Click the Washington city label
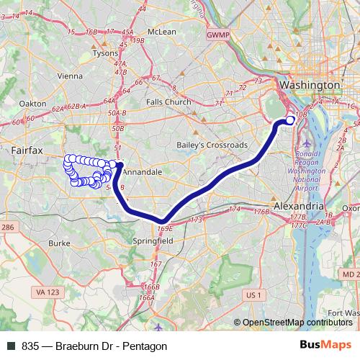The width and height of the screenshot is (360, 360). coord(309,85)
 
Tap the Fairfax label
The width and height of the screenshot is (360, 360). coord(28,150)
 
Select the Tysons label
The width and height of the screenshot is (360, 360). coord(105,53)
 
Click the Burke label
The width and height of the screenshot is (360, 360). coord(58,243)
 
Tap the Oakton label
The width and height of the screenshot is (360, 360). coord(32,103)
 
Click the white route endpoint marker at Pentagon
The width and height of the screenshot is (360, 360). coord(290,120)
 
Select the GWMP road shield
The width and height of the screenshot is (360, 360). coord(215,35)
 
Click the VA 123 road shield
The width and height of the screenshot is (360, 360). coord(45,291)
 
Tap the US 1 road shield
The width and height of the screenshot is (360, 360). coord(252,294)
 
